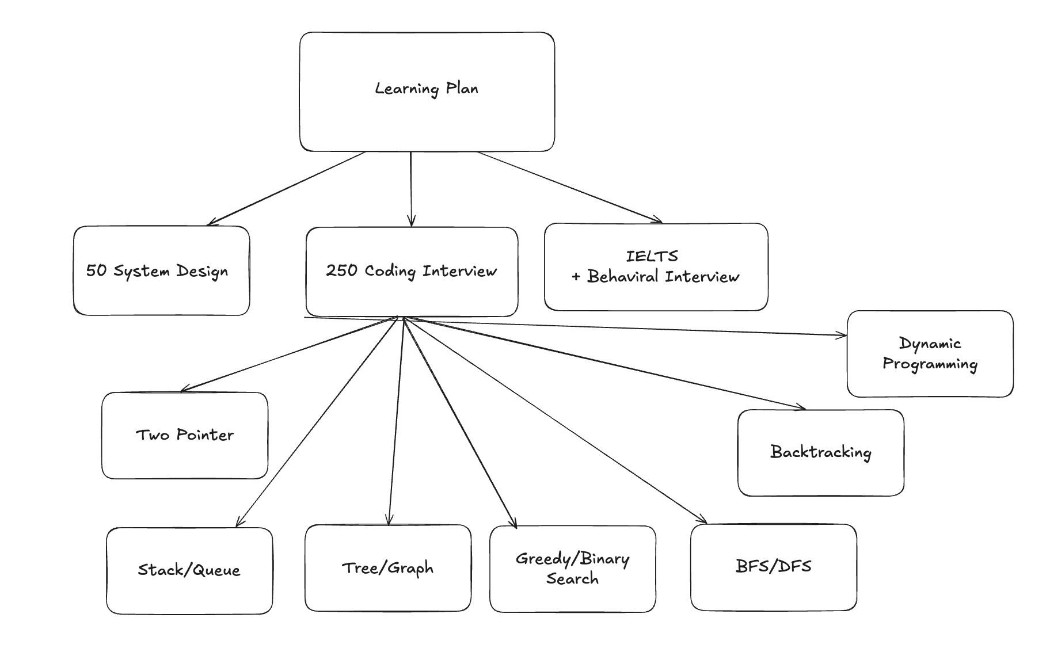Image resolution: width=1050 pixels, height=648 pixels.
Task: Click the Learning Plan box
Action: (x=427, y=92)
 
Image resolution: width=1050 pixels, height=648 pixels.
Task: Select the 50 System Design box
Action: (x=161, y=270)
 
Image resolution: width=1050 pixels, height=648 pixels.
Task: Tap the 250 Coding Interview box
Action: (x=412, y=272)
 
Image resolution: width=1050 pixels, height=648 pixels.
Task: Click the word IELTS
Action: (x=652, y=256)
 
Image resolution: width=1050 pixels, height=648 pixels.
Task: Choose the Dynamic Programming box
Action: (x=930, y=354)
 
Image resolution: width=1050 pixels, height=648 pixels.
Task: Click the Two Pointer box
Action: (x=185, y=436)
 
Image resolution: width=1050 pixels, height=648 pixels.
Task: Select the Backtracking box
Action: (x=820, y=453)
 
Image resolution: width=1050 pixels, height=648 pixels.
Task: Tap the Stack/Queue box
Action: (x=189, y=570)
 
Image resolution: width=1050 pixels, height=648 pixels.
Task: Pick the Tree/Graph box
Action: (x=387, y=568)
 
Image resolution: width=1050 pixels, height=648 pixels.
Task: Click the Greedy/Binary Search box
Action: (x=572, y=569)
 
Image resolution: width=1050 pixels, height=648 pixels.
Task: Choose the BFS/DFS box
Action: (x=773, y=567)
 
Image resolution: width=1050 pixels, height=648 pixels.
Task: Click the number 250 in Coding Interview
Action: (x=341, y=270)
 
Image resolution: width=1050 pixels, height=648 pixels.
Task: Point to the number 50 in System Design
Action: (x=96, y=270)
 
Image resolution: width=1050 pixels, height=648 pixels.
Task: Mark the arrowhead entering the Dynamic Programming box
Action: (x=842, y=335)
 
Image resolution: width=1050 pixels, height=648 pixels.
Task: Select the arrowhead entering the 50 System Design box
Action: (x=211, y=223)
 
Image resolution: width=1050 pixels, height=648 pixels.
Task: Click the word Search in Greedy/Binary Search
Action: (x=572, y=579)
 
